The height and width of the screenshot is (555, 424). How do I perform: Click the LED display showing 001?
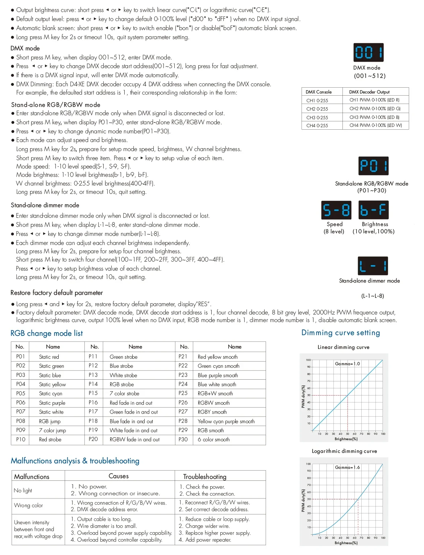(x=368, y=53)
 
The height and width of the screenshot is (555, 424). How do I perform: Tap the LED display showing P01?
(x=373, y=166)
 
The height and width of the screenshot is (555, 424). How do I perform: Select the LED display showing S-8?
(x=336, y=210)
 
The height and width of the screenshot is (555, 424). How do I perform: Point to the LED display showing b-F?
(x=373, y=210)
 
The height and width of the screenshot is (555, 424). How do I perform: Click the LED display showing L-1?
(x=373, y=266)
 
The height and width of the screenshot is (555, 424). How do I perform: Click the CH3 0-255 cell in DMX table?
(x=317, y=117)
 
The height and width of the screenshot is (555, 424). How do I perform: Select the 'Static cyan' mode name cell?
(x=51, y=393)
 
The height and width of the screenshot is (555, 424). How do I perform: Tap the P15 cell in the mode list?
(x=93, y=393)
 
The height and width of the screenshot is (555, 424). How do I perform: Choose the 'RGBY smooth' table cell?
(x=212, y=412)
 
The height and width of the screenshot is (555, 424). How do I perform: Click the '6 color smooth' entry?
(x=213, y=439)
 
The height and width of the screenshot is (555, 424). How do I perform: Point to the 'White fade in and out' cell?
(x=133, y=430)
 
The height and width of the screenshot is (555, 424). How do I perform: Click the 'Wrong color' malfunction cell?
(x=29, y=505)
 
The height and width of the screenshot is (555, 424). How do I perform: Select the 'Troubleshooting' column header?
(x=205, y=476)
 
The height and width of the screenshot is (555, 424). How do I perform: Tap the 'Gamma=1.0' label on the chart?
(x=347, y=364)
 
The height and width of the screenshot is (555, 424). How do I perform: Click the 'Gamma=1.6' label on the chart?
(x=347, y=467)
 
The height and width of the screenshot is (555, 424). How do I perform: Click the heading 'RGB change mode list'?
(x=46, y=333)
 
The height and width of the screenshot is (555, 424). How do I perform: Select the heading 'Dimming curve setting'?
(x=341, y=333)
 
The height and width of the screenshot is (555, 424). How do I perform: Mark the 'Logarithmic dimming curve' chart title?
(x=344, y=451)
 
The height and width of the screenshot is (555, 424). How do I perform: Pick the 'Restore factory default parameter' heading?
(x=57, y=293)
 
